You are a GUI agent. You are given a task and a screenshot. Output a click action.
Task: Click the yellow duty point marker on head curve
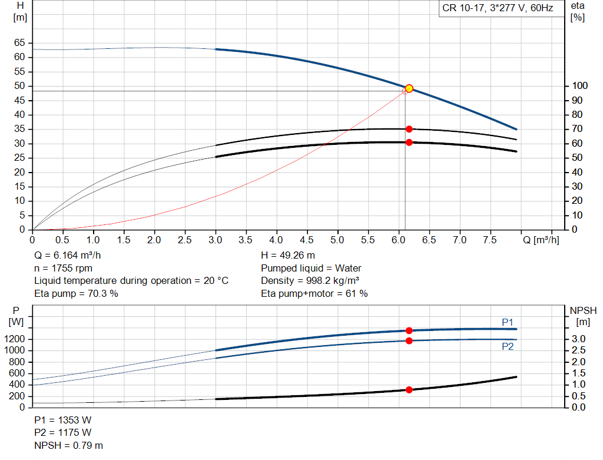pos(409,88)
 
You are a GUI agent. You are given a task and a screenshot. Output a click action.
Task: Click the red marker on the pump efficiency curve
pos(409,129)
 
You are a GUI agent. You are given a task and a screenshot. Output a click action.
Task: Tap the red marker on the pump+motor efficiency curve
pos(409,142)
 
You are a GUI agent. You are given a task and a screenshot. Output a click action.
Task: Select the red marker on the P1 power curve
pos(409,330)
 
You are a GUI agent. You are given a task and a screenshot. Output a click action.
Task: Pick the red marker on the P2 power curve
pos(409,340)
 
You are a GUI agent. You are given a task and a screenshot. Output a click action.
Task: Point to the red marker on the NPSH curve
pos(409,389)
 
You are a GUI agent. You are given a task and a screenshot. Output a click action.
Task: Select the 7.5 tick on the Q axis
pos(491,240)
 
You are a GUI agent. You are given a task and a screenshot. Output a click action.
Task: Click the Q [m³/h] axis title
pos(541,240)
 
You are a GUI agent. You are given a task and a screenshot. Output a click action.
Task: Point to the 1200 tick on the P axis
pos(17,339)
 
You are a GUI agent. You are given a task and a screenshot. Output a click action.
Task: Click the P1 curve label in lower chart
pos(508,322)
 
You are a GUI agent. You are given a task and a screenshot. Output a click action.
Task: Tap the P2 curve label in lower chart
pos(508,347)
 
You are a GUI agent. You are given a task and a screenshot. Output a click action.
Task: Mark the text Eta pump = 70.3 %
pos(76,293)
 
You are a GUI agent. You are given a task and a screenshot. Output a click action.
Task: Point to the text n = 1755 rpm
pos(64,268)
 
